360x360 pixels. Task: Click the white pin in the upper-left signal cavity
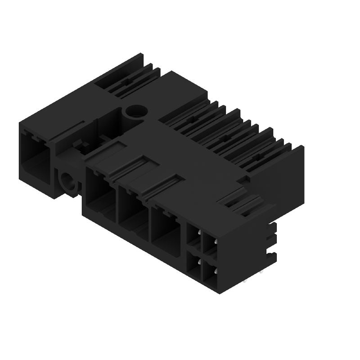[199, 233]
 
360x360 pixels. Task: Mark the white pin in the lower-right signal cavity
[215, 271]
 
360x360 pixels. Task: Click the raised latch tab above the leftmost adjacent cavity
[107, 150]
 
